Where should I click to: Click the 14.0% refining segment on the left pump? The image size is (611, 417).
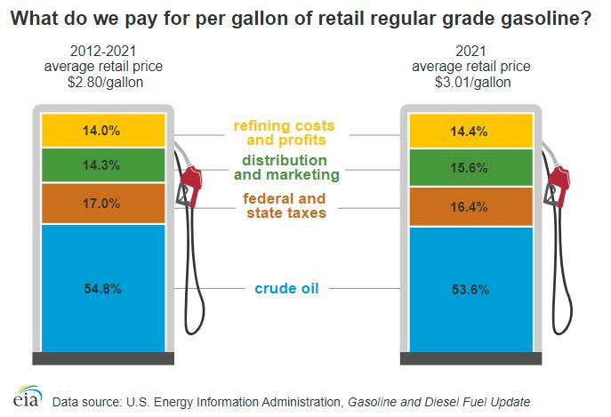tap(103, 130)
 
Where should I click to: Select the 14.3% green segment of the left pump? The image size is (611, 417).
tap(103, 165)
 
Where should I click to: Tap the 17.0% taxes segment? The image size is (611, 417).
tap(103, 204)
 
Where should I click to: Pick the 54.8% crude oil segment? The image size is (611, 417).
tap(103, 288)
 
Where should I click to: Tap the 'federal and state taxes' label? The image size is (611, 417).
tap(285, 205)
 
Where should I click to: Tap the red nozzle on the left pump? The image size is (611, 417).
tap(189, 184)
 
